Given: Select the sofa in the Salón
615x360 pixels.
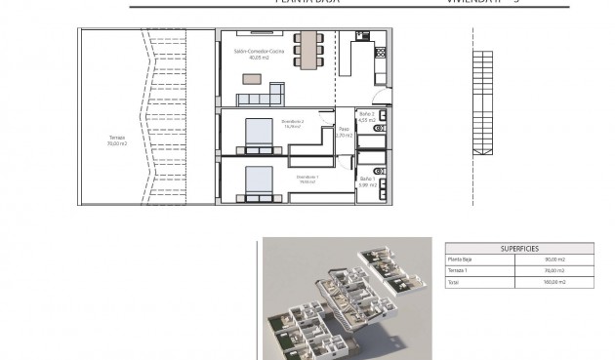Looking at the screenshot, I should click(262, 96).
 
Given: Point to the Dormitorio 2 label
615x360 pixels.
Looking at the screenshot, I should click(294, 123).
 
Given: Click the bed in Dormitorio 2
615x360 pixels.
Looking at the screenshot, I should click(259, 135).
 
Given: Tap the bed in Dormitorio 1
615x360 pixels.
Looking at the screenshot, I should click(258, 183).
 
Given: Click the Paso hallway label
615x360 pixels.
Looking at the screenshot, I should click(344, 132).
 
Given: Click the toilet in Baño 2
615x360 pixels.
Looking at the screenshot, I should click(381, 128).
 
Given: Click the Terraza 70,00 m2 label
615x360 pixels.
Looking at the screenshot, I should click(117, 140).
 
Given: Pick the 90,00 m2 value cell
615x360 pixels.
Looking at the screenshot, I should click(555, 260).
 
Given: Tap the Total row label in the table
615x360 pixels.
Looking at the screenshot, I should click(453, 281).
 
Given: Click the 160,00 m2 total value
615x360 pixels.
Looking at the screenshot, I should click(555, 281).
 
